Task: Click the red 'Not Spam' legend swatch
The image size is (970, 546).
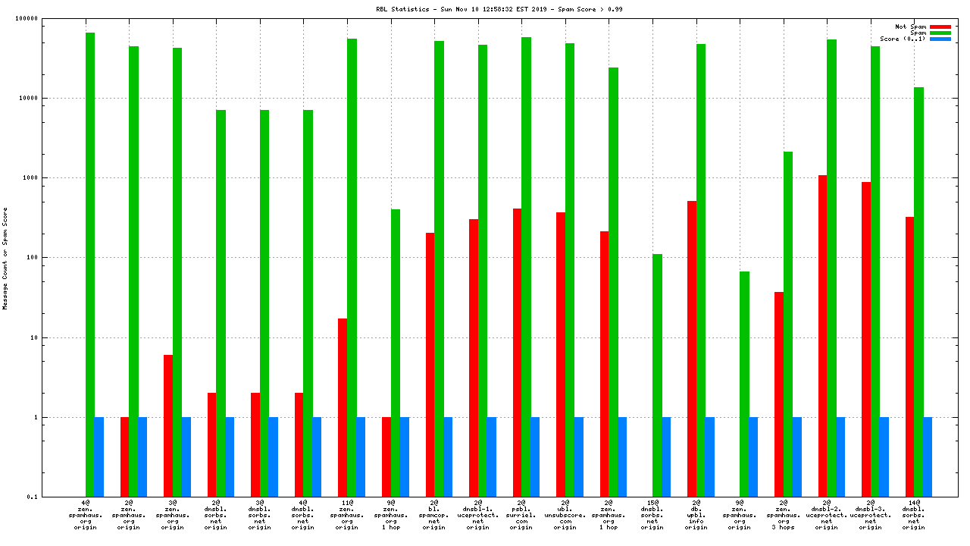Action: pyautogui.click(x=940, y=27)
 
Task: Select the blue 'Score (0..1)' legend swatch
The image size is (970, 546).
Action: pyautogui.click(x=940, y=39)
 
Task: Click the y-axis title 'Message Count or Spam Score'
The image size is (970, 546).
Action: pyautogui.click(x=5, y=258)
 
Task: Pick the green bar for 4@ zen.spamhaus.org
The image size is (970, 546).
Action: pyautogui.click(x=90, y=265)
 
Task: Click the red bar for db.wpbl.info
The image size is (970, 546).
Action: pyautogui.click(x=692, y=349)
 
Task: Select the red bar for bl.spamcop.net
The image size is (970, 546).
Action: pyautogui.click(x=430, y=365)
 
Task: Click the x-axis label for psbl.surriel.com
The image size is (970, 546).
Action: pyautogui.click(x=521, y=515)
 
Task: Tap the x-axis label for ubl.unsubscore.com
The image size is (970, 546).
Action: pyautogui.click(x=565, y=515)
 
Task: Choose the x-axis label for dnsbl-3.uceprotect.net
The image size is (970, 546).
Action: pyautogui.click(x=870, y=515)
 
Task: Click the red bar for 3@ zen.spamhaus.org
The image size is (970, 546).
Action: pyautogui.click(x=167, y=425)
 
